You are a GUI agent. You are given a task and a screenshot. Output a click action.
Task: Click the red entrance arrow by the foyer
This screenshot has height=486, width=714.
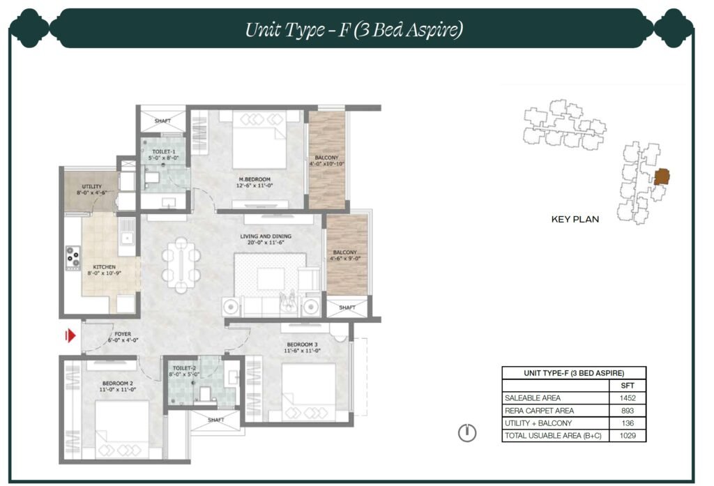[x=70, y=335]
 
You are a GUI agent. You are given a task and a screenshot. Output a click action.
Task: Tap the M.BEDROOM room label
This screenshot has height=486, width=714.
[x=255, y=179]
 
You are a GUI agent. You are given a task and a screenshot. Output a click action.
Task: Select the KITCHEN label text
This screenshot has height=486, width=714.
[x=105, y=267]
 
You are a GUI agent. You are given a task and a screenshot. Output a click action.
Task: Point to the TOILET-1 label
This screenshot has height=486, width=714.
[x=163, y=152]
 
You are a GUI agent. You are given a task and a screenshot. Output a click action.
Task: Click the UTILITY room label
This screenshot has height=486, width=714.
[x=91, y=186]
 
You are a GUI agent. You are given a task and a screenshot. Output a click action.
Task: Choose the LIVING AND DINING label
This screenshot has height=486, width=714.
[x=266, y=236]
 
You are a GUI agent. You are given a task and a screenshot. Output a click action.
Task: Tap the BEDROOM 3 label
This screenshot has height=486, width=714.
[x=303, y=344]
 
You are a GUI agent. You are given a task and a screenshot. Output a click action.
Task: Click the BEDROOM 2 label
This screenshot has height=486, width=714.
[x=117, y=384]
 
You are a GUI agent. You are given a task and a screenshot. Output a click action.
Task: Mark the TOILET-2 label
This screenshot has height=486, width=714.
[x=184, y=368]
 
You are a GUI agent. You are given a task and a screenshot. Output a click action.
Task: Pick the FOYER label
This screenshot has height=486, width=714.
[x=123, y=334]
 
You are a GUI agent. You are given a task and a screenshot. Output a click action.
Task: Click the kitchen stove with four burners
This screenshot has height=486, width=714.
[x=73, y=258]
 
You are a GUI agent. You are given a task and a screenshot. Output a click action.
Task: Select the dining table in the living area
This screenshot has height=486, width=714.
[x=181, y=265]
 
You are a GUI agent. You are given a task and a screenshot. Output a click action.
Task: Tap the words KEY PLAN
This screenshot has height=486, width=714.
[x=575, y=219]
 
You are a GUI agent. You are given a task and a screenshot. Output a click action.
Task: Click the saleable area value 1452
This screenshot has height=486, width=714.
[x=628, y=397]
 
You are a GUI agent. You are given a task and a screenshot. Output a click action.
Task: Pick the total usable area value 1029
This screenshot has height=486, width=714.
[x=628, y=435]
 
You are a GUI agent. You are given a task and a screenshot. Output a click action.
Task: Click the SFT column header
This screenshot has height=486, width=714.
[x=628, y=386]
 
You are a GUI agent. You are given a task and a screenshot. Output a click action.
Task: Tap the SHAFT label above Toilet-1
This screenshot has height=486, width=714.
[x=162, y=121]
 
